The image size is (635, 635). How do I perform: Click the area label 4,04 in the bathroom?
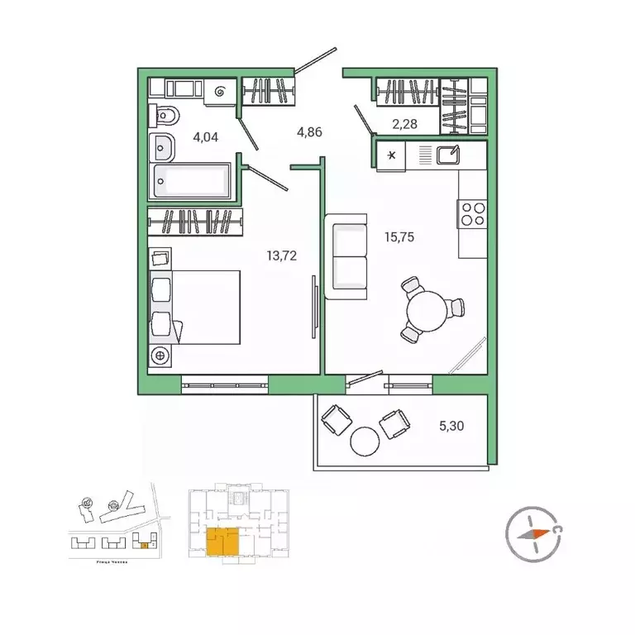[x=205, y=137]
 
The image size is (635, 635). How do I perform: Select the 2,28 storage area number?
[x=405, y=124]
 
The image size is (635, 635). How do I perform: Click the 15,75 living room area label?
[x=399, y=236]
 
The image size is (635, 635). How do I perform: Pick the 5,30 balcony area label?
[x=452, y=427]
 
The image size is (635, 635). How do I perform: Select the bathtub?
[x=194, y=181]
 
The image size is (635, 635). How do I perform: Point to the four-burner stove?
[x=472, y=214]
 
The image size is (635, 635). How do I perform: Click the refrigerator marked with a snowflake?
[x=392, y=156]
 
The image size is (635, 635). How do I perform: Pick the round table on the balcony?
[x=364, y=442]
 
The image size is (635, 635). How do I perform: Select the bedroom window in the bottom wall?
[x=224, y=383]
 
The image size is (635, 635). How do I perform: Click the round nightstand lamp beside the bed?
[x=160, y=356]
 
